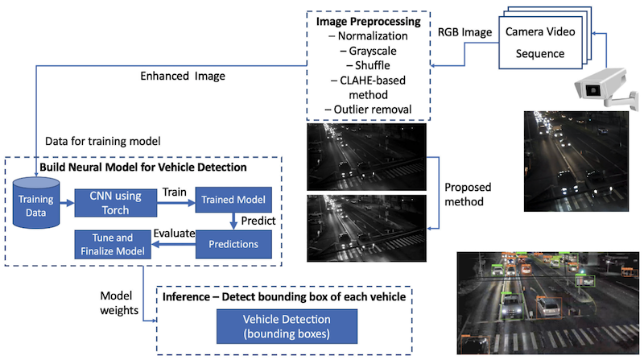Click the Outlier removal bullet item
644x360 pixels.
pyautogui.click(x=368, y=109)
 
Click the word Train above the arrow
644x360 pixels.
pyautogui.click(x=175, y=192)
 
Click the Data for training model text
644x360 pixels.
pyautogui.click(x=102, y=140)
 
